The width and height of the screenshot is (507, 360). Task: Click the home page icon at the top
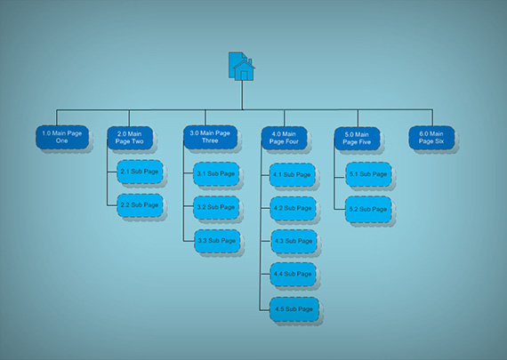click(x=242, y=67)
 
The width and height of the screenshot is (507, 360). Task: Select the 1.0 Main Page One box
click(x=62, y=138)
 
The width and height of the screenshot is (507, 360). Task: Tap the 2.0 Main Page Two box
click(x=130, y=138)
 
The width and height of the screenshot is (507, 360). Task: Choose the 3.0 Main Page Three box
click(x=211, y=138)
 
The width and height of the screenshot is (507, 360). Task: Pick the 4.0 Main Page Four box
click(x=285, y=138)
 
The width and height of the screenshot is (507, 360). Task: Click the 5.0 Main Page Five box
click(x=358, y=139)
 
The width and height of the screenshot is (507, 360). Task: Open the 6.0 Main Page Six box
click(x=431, y=138)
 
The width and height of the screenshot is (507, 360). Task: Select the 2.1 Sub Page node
click(x=140, y=172)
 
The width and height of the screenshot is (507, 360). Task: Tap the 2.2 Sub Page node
click(x=140, y=205)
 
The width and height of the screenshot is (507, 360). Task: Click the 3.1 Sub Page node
click(x=216, y=174)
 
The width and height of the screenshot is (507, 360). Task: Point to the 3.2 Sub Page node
click(x=216, y=207)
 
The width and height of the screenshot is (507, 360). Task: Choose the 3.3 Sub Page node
click(x=217, y=241)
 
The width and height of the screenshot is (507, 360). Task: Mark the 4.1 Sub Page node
click(x=293, y=175)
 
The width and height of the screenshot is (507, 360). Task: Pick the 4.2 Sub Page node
click(x=293, y=208)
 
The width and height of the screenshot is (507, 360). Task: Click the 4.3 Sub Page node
click(x=294, y=242)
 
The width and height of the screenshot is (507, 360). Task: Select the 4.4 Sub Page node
click(x=293, y=275)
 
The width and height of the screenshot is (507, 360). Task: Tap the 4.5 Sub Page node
click(x=294, y=309)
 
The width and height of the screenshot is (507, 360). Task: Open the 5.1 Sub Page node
click(x=368, y=174)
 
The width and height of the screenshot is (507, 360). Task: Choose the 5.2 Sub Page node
click(x=368, y=210)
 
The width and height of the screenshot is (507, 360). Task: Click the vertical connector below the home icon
click(x=242, y=95)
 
